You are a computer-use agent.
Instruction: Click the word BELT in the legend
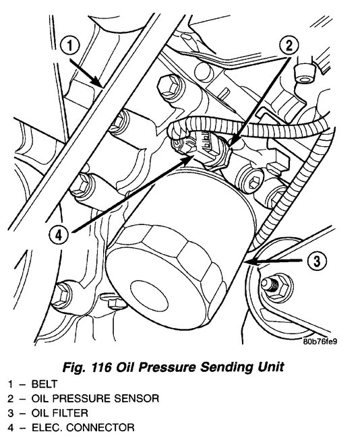[x=42, y=382]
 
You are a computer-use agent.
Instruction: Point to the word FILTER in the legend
[x=69, y=412]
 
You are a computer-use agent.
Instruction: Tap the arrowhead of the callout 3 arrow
[x=247, y=259]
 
